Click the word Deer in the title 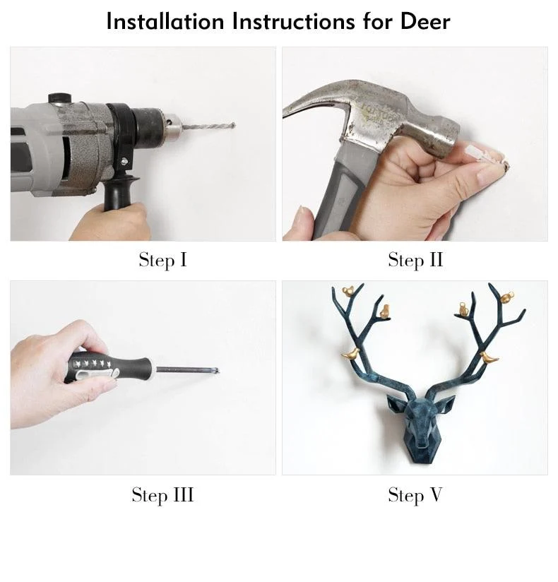point(425,21)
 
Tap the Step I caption point(162,260)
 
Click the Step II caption point(415,260)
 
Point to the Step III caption point(162,494)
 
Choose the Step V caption point(415,494)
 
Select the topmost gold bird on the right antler point(506,296)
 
